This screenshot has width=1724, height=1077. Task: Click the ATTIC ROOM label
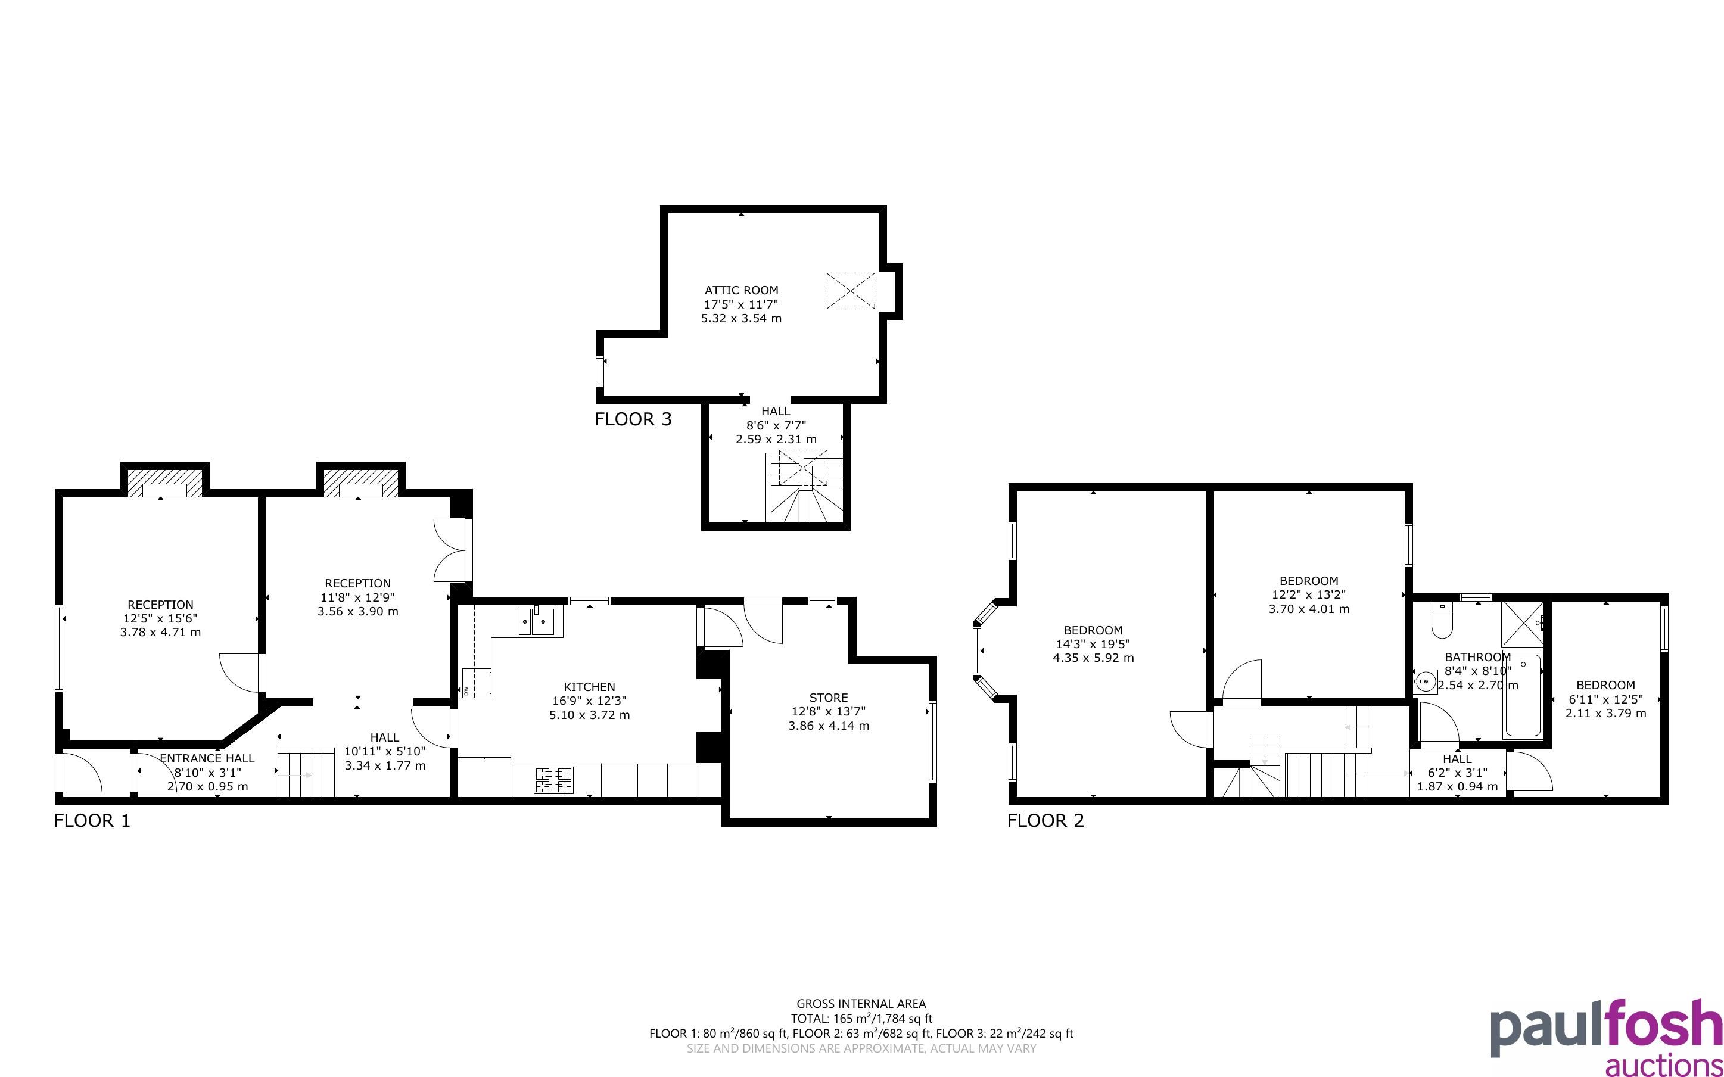(x=741, y=290)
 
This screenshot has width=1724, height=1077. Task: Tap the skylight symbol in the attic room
(x=850, y=291)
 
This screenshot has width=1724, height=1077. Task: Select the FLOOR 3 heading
(x=633, y=419)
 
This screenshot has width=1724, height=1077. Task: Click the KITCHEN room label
(x=589, y=687)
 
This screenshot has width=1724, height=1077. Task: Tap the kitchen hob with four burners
(x=553, y=779)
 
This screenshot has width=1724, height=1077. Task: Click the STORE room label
(x=828, y=698)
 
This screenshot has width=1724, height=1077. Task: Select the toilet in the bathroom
(x=1441, y=622)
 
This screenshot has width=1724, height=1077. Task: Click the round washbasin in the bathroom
(x=1426, y=681)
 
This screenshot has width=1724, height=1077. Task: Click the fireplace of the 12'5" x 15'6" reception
(x=164, y=483)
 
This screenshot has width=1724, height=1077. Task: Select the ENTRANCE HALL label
(x=207, y=758)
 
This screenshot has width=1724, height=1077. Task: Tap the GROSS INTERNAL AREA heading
(x=861, y=1004)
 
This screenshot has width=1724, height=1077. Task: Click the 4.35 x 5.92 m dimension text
(x=1093, y=658)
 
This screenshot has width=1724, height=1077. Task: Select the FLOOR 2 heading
(x=1045, y=821)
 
